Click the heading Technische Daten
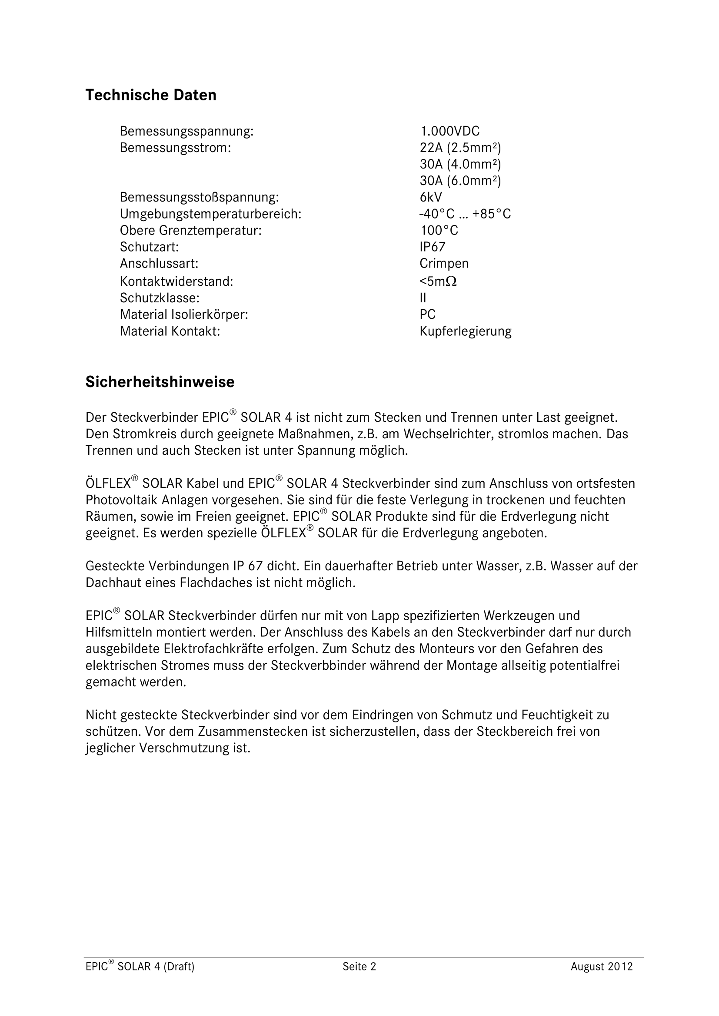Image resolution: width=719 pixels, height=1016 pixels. [x=150, y=95]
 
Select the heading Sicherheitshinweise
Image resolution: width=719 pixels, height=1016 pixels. [x=160, y=382]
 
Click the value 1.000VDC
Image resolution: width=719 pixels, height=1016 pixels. [x=449, y=132]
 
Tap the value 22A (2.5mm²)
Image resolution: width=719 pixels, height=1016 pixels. [x=460, y=148]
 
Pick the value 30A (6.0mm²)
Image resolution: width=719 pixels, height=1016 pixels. [x=460, y=181]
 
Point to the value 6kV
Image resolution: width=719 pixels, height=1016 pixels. [x=431, y=197]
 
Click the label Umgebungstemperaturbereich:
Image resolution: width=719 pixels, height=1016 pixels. [x=210, y=214]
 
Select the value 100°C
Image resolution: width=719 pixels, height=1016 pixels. [x=439, y=231]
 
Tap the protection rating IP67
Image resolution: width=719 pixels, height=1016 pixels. [x=433, y=247]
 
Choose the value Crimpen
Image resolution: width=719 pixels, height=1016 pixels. [x=444, y=264]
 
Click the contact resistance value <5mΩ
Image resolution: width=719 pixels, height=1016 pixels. [x=438, y=281]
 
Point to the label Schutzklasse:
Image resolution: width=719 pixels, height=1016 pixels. [x=160, y=298]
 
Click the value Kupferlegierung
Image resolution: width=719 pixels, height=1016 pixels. [x=465, y=331]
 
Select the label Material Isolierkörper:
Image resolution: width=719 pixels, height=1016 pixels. [x=184, y=314]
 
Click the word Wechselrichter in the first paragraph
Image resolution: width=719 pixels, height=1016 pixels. [x=447, y=434]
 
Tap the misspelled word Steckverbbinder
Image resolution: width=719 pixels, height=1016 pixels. [x=318, y=665]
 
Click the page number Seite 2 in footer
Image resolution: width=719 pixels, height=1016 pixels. [x=359, y=967]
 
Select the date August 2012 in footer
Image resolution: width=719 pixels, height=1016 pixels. [x=601, y=967]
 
